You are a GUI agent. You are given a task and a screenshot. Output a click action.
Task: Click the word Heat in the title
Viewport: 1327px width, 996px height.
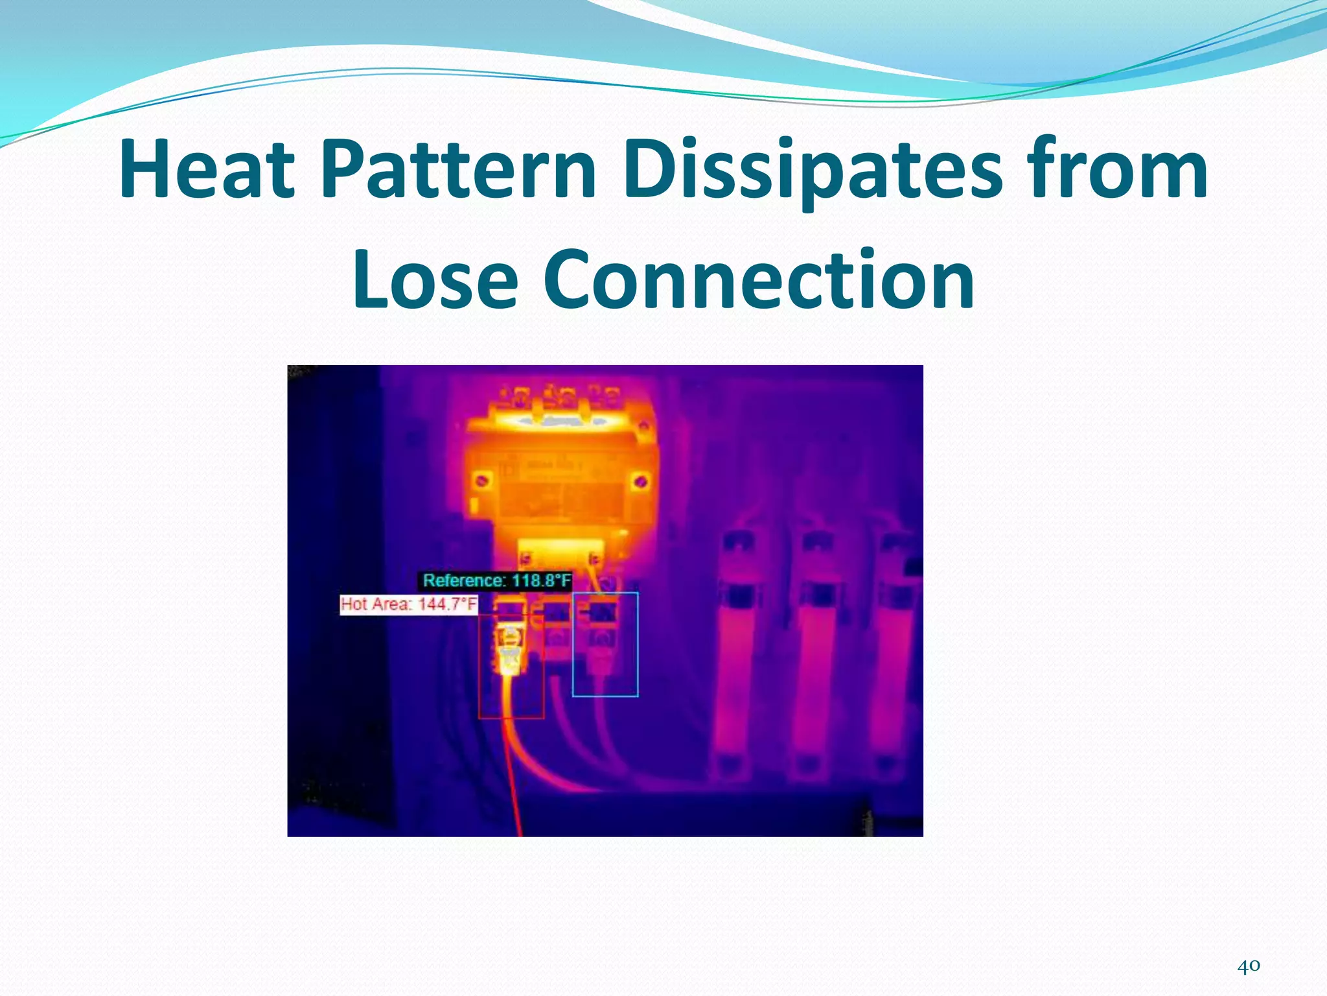click(x=207, y=170)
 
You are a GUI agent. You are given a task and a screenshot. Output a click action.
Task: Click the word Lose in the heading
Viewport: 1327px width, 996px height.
click(x=435, y=280)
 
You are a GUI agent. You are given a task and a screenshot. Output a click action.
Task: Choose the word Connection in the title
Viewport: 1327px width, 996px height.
click(x=759, y=280)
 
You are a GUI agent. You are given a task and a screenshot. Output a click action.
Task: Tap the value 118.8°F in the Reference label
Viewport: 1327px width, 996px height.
click(x=542, y=580)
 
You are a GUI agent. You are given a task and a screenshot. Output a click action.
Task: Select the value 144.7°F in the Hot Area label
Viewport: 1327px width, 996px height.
click(x=447, y=604)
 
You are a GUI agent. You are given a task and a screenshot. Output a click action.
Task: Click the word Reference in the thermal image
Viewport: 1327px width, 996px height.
click(x=463, y=580)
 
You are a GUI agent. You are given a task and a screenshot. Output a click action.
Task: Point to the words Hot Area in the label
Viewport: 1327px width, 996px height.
click(x=376, y=604)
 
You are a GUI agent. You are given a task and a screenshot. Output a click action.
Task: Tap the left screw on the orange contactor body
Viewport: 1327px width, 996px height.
click(x=481, y=480)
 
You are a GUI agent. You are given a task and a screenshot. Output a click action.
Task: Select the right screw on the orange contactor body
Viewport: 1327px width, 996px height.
click(x=640, y=480)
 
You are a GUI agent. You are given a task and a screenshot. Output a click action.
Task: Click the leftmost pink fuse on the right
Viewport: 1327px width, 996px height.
click(x=736, y=655)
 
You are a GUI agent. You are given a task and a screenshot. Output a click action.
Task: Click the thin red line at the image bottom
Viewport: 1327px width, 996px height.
click(x=516, y=804)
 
